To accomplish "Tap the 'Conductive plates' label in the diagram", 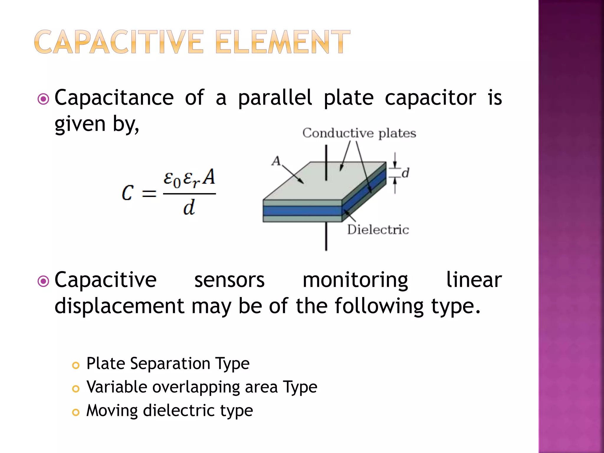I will click(359, 133).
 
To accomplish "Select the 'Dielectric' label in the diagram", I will click(378, 230).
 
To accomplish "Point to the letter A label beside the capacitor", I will click(276, 161).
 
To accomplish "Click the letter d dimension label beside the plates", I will click(406, 173).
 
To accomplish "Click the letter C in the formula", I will click(128, 193).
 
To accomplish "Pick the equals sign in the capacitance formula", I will click(149, 194).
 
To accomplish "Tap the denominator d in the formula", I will click(189, 208).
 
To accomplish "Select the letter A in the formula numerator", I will click(209, 177).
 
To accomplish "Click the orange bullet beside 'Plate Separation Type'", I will click(76, 365).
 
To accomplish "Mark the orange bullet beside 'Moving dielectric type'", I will click(76, 412).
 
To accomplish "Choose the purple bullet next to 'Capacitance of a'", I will click(44, 99).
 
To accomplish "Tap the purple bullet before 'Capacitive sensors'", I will click(44, 281).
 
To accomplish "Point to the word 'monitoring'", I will click(355, 280).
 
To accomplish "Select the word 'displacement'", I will click(119, 306).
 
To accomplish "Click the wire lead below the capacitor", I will click(326, 236).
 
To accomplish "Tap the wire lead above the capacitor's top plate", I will click(326, 162).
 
